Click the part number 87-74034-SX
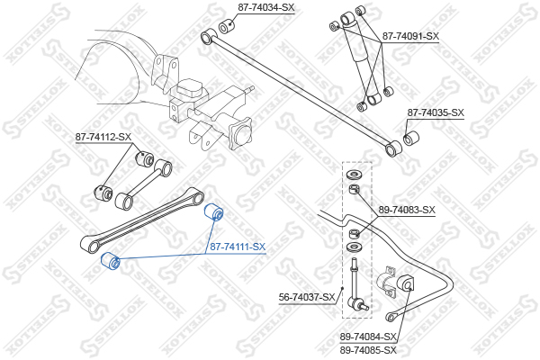266,8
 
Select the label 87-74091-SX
410,37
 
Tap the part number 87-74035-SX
436,113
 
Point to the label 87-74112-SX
103,137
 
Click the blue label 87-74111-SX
238,247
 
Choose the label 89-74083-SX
407,210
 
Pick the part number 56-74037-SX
307,297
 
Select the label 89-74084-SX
368,337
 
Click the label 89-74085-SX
368,351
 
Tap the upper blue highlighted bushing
214,211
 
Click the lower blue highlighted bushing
110,262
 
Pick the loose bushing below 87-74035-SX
411,138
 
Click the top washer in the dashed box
354,175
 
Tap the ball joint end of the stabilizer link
357,303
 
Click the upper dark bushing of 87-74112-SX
144,158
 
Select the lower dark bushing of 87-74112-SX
103,193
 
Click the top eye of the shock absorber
347,19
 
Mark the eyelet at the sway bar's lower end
391,317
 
